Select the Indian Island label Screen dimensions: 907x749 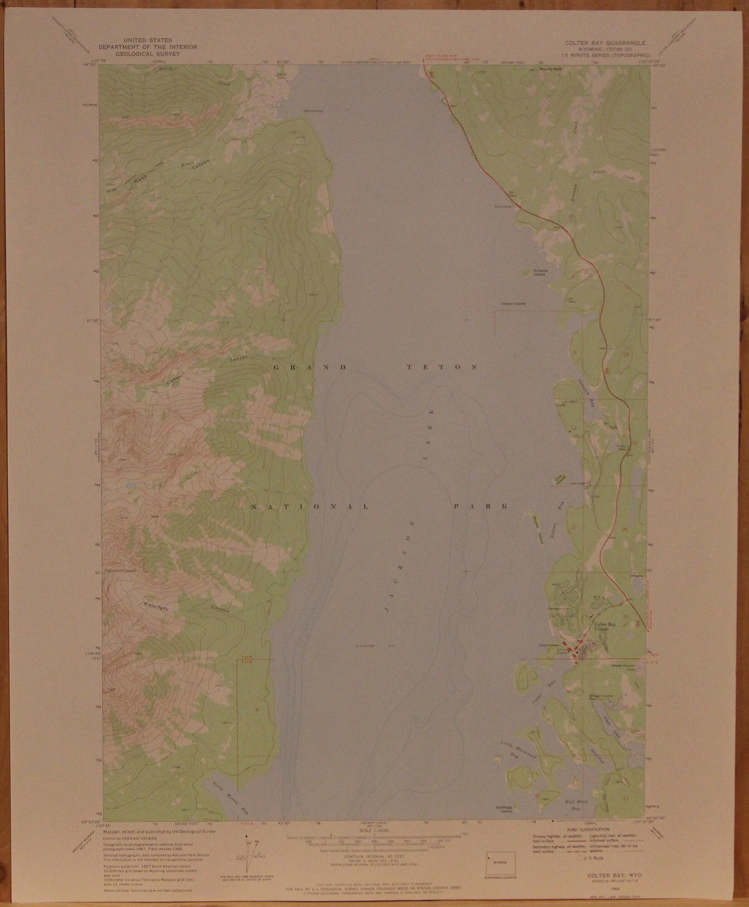click(513, 304)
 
